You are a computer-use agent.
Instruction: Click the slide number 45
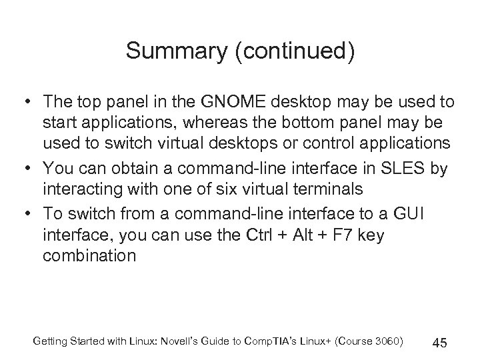pyautogui.click(x=439, y=342)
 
